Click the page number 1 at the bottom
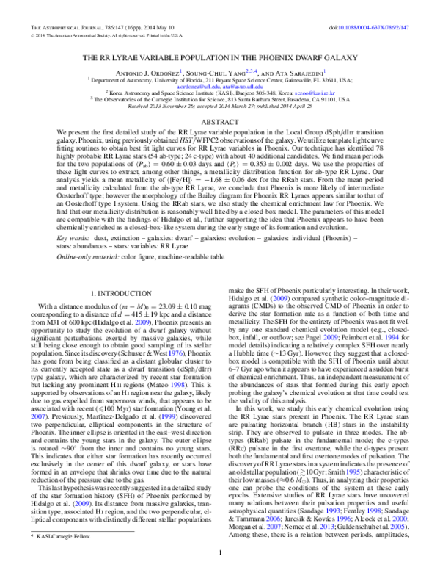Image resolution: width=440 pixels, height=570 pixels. click(x=219, y=552)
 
